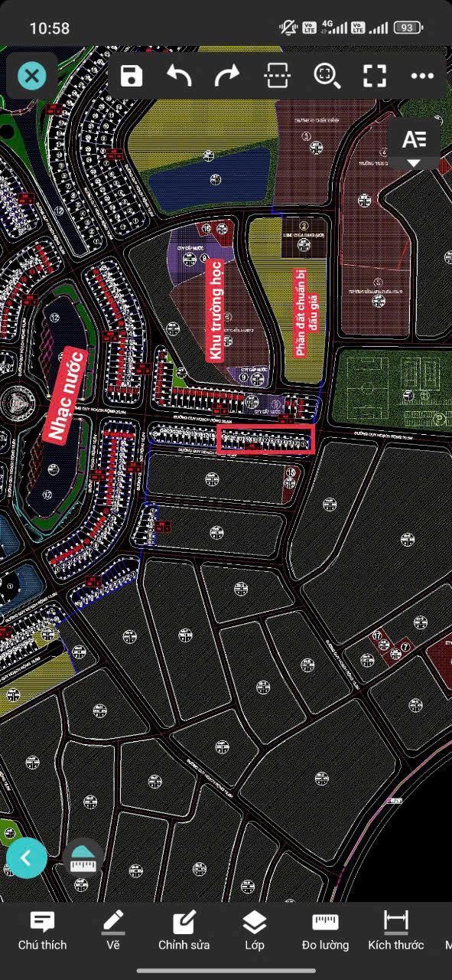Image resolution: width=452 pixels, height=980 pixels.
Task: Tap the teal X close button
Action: point(31,76)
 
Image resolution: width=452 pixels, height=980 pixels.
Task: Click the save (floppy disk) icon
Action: point(132,76)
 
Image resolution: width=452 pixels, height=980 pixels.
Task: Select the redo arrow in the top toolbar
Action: point(227,76)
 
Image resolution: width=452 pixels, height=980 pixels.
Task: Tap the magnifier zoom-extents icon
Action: point(327,76)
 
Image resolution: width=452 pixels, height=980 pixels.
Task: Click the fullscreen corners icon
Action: point(374,76)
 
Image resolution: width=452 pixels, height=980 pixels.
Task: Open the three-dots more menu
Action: point(422,76)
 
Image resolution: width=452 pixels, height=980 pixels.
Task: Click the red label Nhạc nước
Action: point(65,394)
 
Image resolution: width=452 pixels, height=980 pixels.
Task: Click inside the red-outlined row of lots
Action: point(266,440)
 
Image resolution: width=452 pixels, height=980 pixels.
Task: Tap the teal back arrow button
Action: point(27,858)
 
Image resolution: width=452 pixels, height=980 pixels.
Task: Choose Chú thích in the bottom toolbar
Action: point(42,930)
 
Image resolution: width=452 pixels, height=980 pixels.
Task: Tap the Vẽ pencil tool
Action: point(113,930)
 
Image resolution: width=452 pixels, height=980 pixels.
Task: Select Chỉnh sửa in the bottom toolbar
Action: point(184,930)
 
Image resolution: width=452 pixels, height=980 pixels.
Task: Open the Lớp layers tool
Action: point(255,930)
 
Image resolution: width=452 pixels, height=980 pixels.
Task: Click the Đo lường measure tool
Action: point(325,930)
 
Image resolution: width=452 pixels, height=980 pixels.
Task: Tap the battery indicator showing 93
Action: point(408,28)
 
